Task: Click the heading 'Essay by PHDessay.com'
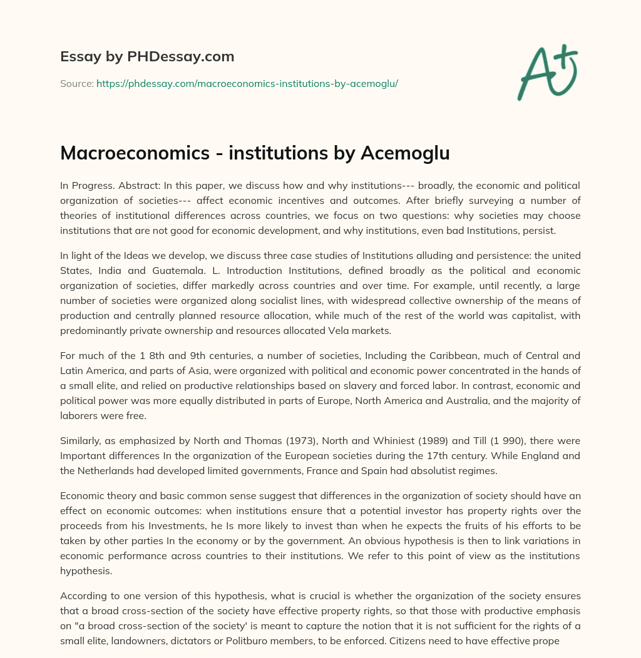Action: click(x=147, y=57)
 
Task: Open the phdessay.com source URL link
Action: click(x=247, y=83)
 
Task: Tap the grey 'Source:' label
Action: click(x=76, y=83)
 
